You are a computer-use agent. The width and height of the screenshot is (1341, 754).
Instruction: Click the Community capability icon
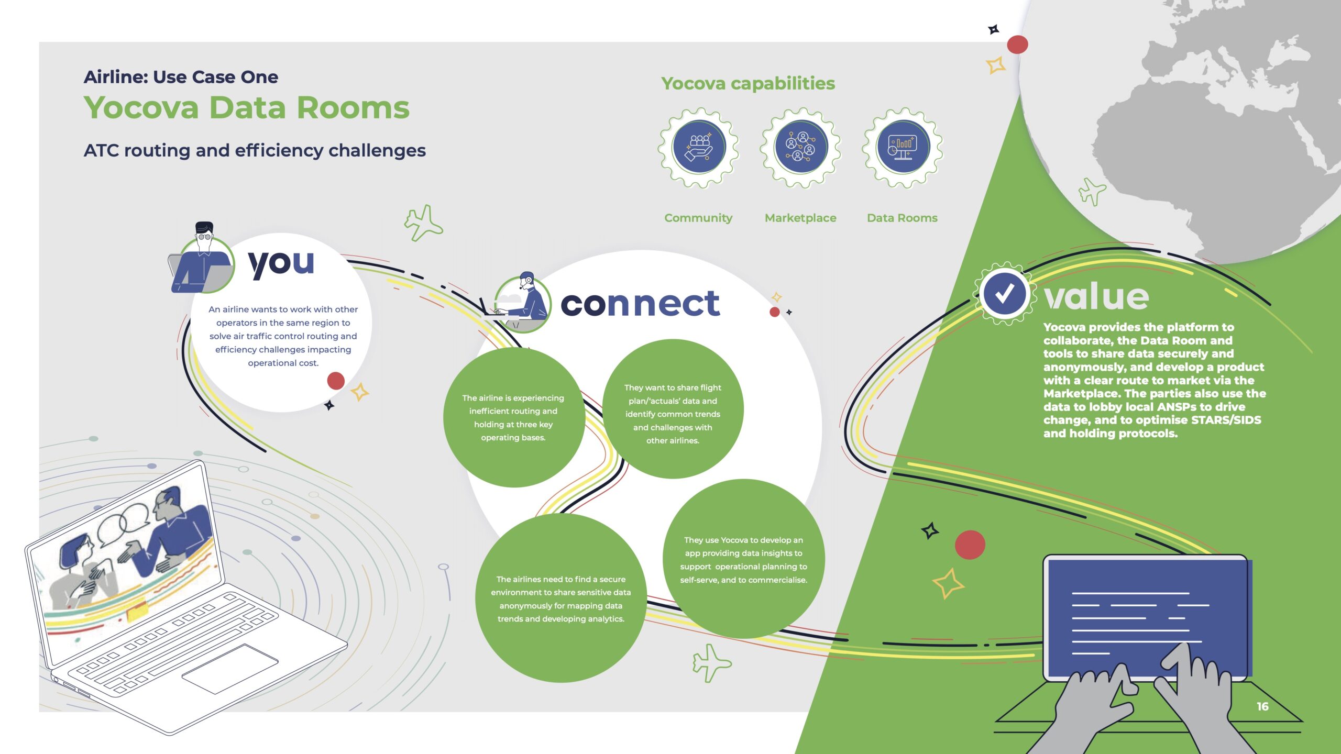tap(699, 148)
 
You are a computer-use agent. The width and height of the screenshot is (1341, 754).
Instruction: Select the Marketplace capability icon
tap(800, 148)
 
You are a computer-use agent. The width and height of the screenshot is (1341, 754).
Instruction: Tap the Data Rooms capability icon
tap(902, 148)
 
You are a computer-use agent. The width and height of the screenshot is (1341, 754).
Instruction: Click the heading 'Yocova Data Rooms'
tap(246, 108)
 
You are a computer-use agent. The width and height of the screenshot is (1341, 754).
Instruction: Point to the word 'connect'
tap(640, 303)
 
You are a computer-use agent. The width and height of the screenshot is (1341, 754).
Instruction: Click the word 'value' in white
tap(1096, 297)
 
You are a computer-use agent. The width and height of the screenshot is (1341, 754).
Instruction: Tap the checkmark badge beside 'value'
tap(1004, 294)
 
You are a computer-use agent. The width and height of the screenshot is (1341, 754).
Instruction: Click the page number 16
tap(1262, 706)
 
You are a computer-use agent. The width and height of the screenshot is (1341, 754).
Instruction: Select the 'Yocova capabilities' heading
tap(748, 84)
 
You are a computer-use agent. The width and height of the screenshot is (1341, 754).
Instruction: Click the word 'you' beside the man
tap(281, 263)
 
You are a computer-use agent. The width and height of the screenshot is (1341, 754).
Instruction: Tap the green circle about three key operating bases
tap(514, 418)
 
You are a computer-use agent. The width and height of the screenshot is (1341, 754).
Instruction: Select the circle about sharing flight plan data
tap(673, 409)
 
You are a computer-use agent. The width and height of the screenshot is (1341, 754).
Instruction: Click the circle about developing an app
tap(744, 559)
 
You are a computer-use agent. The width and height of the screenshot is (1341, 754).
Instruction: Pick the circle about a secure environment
tap(561, 598)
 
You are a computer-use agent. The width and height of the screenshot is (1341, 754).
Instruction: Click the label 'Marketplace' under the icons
tap(800, 218)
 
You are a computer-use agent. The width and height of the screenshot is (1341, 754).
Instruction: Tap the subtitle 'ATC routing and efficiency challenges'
tap(255, 151)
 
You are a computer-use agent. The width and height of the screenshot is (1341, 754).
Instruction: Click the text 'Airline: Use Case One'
tap(181, 77)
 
